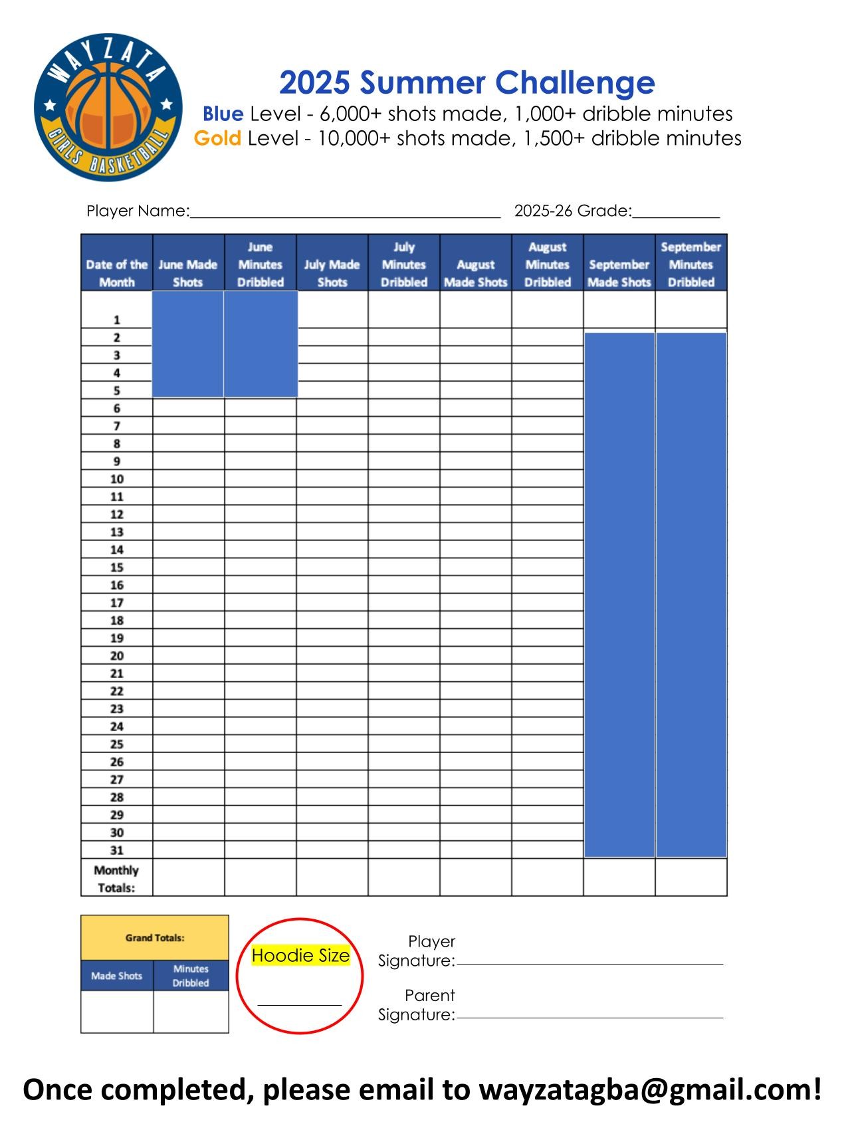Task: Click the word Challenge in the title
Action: coord(576,82)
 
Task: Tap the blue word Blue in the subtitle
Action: coord(223,114)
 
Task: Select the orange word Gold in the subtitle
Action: coord(217,139)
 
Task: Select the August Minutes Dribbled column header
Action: coord(548,265)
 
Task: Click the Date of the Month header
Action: coord(117,273)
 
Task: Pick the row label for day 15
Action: coord(117,568)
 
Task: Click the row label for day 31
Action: coord(117,850)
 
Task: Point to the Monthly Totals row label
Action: coord(116,879)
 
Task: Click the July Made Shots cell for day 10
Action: coord(332,479)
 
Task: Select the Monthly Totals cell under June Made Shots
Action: coord(189,877)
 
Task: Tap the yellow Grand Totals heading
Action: coord(155,938)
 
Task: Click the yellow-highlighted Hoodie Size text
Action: coord(300,956)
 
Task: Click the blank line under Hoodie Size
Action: coord(300,1004)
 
